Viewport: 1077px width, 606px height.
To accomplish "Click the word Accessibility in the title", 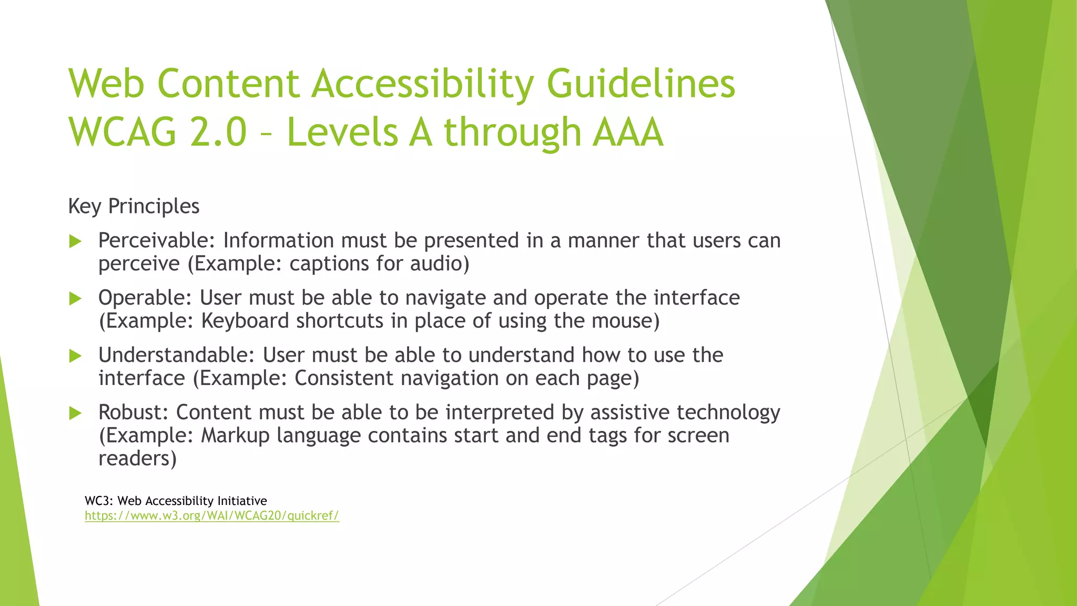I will (422, 84).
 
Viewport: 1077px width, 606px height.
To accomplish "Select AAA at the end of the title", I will (627, 132).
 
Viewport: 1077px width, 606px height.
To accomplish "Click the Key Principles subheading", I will (134, 206).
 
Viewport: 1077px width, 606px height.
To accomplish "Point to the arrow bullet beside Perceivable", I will (76, 241).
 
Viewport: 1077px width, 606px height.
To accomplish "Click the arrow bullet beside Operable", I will (76, 299).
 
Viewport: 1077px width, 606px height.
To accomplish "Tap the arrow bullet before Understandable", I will (76, 356).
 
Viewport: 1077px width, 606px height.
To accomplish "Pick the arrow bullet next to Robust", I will (76, 413).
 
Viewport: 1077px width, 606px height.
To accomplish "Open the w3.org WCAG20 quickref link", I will (212, 516).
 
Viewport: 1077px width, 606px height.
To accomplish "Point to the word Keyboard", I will (245, 321).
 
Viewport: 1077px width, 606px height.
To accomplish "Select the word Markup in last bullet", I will (235, 436).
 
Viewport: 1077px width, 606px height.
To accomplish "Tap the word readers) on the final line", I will (137, 459).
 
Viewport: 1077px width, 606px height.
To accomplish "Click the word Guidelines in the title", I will (641, 84).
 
